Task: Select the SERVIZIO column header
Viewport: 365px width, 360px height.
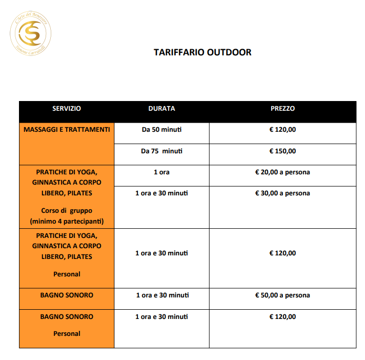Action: click(67, 109)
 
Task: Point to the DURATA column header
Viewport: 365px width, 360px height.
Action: click(161, 109)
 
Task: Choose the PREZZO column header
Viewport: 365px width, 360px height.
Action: click(282, 109)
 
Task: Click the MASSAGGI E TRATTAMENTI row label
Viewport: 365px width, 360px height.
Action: click(67, 130)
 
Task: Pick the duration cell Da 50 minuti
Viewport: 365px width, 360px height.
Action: click(161, 130)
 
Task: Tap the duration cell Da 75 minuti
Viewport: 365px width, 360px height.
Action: click(161, 151)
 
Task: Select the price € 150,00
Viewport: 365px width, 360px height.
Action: click(282, 151)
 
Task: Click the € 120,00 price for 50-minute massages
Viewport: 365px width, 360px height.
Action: click(282, 130)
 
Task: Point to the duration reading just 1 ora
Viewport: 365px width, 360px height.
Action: click(161, 172)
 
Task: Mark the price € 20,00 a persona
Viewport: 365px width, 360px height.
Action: click(282, 172)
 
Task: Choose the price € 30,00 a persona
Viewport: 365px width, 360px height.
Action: click(282, 193)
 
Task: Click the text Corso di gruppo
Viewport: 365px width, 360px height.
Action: click(67, 211)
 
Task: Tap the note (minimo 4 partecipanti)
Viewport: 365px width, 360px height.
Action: click(67, 222)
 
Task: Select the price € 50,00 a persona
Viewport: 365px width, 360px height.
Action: click(282, 295)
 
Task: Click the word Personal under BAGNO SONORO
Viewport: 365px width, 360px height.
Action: click(67, 334)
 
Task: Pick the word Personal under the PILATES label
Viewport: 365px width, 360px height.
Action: click(67, 274)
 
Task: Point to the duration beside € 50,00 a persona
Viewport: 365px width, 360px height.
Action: click(161, 295)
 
